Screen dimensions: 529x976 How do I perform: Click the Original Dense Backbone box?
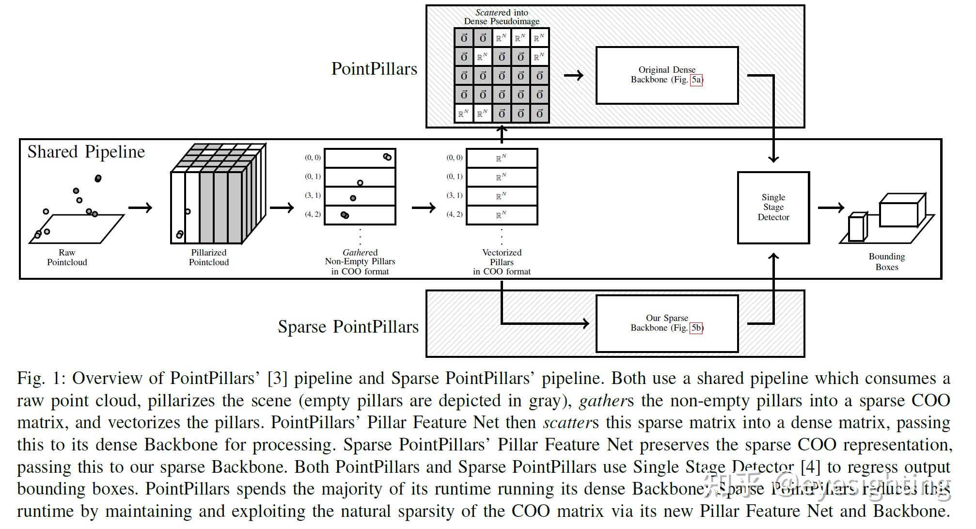(x=666, y=75)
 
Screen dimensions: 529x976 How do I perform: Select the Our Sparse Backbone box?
(x=666, y=323)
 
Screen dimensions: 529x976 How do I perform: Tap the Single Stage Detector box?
(x=773, y=208)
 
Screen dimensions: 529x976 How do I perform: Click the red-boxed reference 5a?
(x=696, y=80)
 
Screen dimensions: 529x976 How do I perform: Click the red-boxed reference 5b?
(x=696, y=328)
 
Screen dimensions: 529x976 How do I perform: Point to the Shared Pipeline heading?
(x=86, y=152)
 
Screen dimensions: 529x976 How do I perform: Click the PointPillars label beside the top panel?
(x=374, y=69)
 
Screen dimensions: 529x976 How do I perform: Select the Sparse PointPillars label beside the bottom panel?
(x=348, y=327)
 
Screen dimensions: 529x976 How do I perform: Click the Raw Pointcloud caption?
(x=67, y=257)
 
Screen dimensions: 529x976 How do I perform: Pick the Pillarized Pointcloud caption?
(x=209, y=257)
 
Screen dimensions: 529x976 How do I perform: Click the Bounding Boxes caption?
(x=886, y=262)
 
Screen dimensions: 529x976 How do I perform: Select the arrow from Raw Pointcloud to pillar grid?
(x=140, y=208)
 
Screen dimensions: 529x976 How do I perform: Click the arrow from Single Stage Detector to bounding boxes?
(x=831, y=208)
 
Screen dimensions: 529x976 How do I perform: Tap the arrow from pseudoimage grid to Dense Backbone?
(x=574, y=75)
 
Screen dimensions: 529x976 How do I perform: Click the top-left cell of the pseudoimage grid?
(x=464, y=38)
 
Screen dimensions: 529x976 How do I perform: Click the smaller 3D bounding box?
(x=857, y=227)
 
